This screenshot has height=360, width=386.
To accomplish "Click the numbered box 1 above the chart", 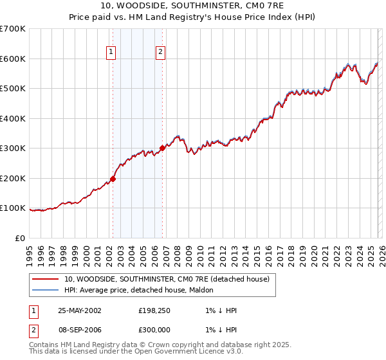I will click(x=111, y=53).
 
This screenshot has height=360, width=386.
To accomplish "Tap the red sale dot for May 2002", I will click(x=113, y=179).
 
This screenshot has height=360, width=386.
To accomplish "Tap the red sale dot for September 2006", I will click(x=162, y=148).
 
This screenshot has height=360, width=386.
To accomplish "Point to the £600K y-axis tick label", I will click(x=13, y=59).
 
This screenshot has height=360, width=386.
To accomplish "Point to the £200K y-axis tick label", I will click(x=13, y=178).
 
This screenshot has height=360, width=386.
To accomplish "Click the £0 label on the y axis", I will click(x=21, y=238).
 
